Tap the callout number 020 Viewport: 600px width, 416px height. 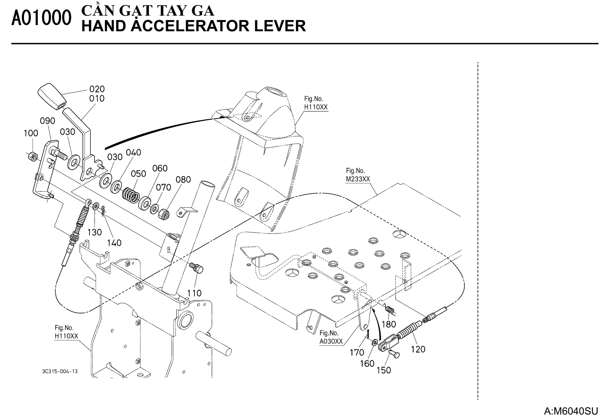pos(97,89)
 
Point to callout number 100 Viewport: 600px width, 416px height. pos(31,133)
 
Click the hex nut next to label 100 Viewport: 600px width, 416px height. pos(32,156)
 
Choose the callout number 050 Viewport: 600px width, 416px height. pos(138,173)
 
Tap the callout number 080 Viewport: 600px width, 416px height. pos(183,180)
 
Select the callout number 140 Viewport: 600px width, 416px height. pos(114,243)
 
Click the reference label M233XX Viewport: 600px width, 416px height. pos(358,179)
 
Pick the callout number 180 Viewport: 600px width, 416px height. pos(389,324)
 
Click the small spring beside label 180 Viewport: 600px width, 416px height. pos(390,309)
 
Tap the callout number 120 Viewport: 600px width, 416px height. pos(418,349)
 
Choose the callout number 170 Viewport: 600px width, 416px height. pos(357,352)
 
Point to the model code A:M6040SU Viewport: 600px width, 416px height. pos(571,411)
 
